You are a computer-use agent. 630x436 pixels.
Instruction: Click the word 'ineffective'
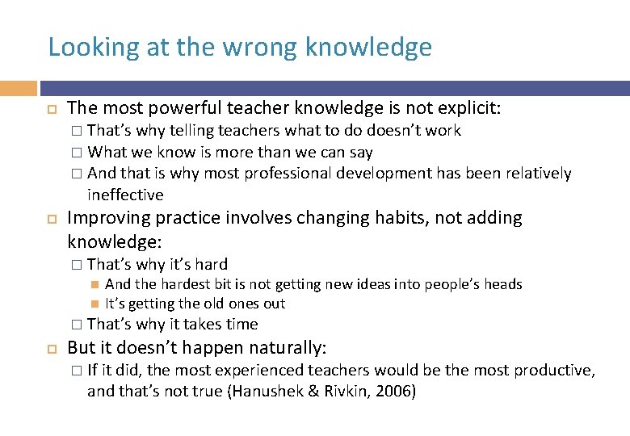click(x=125, y=195)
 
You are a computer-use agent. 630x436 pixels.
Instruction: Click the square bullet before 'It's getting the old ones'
click(x=94, y=304)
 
